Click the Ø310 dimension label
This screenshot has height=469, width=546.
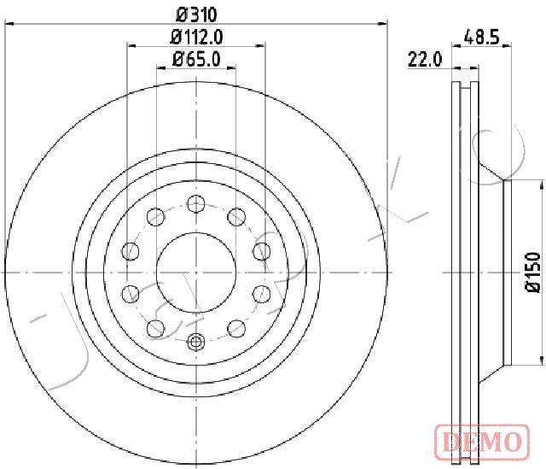point(197,15)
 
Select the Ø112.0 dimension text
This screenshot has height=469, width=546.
point(196,37)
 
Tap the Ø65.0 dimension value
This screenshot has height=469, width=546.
point(196,59)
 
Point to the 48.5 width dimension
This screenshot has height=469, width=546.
point(481,36)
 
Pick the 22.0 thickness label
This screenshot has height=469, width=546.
point(425,59)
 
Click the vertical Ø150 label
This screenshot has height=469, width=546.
point(532,273)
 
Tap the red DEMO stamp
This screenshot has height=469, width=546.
point(482,442)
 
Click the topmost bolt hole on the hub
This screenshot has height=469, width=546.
point(196,203)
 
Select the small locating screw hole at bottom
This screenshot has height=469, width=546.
point(195,342)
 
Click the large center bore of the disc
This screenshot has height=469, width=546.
point(196,273)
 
